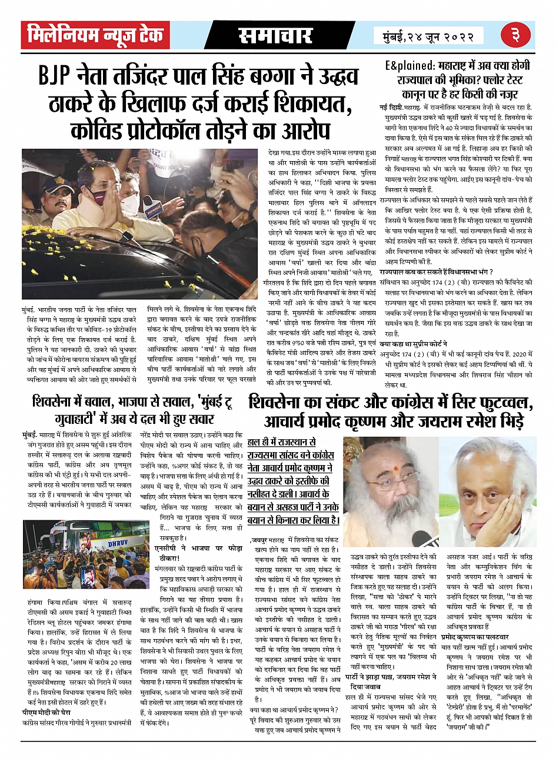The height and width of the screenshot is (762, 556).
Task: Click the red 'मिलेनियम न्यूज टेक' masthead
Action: (95, 35)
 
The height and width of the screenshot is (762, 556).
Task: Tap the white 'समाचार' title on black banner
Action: (275, 36)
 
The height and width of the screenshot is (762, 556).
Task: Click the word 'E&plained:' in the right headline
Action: (410, 65)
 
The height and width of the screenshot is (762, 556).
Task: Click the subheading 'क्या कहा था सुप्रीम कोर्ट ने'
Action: (413, 344)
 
